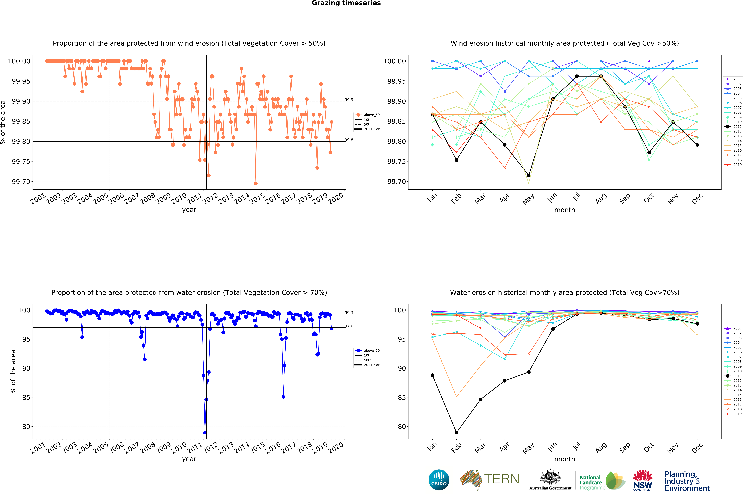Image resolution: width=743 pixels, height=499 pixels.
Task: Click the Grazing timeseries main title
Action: (346, 3)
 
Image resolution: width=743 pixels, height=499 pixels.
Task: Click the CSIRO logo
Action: (439, 480)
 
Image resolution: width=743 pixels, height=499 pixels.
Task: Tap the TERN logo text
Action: (501, 479)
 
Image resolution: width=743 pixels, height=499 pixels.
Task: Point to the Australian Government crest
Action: (550, 477)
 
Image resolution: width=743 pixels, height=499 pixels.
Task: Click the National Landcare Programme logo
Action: (602, 481)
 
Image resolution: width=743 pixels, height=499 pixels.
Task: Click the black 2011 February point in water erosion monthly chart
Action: (456, 433)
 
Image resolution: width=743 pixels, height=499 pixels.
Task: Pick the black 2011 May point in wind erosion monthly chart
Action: (529, 175)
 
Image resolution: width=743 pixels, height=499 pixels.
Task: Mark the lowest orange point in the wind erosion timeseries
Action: (256, 183)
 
